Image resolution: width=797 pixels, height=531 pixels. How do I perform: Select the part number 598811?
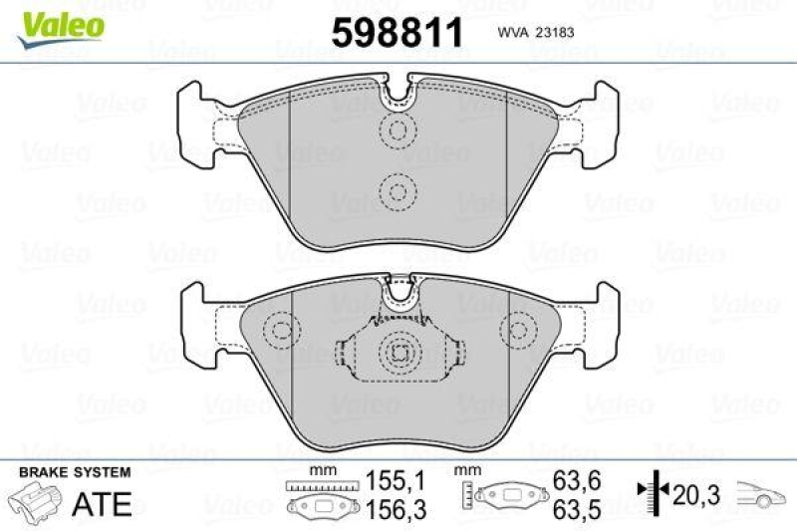[x=398, y=33]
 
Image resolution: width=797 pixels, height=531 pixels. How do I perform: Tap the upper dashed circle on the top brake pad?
[x=399, y=130]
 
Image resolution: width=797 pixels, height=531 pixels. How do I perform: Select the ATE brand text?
[x=104, y=504]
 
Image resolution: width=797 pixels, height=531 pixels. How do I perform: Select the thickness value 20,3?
[x=695, y=491]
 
